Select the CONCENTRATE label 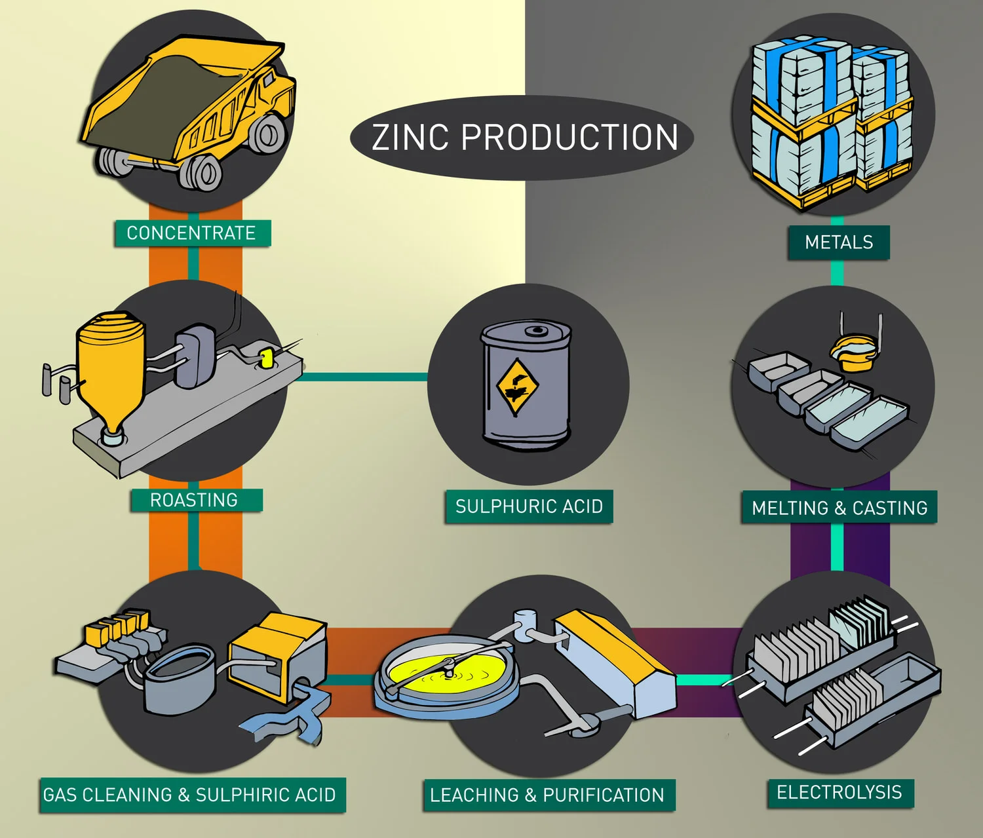point(191,233)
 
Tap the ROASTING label point(195,501)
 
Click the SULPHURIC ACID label point(529,506)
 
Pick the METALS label point(839,242)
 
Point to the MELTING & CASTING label point(839,508)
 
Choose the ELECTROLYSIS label point(839,792)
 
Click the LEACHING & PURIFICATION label point(548,795)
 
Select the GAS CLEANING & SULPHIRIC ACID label point(190,795)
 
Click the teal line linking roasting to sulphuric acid point(364,377)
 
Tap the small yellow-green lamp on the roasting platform point(265,358)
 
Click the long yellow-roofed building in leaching point(616,662)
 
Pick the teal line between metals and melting point(837,272)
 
